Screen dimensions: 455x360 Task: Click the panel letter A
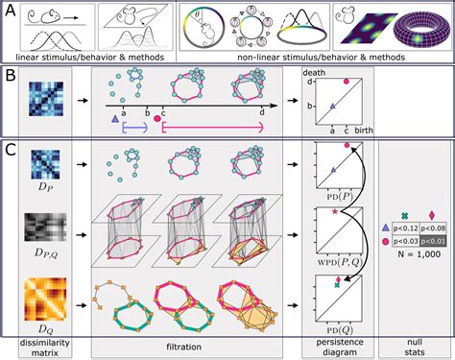click(10, 12)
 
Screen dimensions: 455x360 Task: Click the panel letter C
click(10, 151)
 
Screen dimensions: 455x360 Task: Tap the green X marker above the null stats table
click(404, 214)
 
